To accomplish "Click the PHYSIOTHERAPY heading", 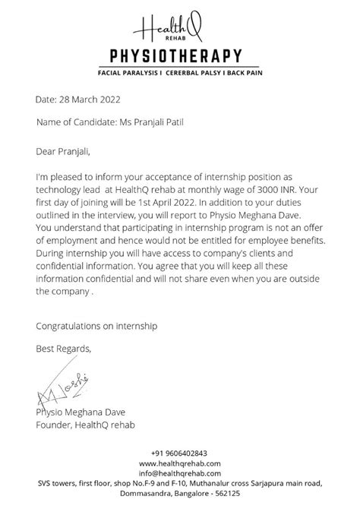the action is click(x=180, y=55).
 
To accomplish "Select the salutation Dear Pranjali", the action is click(x=67, y=152).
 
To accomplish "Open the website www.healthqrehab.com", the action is click(x=179, y=463).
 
